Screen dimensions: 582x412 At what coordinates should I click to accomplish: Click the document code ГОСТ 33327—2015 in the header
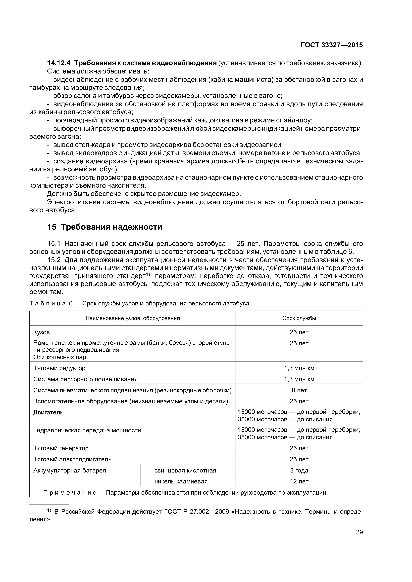(x=332, y=45)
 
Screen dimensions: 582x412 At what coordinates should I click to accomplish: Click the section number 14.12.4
(x=60, y=63)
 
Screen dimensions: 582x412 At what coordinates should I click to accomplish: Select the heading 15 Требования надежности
(x=105, y=227)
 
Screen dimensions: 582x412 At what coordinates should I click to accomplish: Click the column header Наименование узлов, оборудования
(x=133, y=318)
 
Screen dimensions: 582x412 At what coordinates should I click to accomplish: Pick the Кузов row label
(x=42, y=332)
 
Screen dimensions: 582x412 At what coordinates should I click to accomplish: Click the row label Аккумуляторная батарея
(x=70, y=471)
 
